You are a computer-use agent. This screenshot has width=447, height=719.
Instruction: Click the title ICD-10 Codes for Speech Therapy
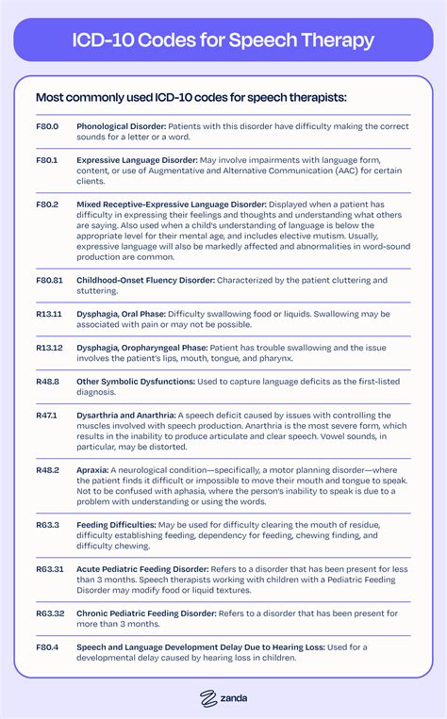click(x=223, y=41)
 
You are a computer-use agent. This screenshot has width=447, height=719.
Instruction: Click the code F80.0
click(x=47, y=125)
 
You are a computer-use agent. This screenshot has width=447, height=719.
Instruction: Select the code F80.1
click(x=47, y=161)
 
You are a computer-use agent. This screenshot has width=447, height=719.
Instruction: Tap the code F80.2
click(x=47, y=204)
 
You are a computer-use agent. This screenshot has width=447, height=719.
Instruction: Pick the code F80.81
click(x=50, y=281)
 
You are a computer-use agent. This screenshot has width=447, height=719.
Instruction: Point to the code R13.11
click(x=49, y=316)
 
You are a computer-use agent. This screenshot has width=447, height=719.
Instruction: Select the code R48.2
click(x=48, y=468)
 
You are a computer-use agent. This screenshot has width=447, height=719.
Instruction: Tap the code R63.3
click(x=48, y=525)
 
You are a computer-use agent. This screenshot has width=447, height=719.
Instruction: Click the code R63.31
click(x=50, y=571)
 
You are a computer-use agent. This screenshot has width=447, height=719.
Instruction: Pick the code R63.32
click(x=50, y=614)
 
